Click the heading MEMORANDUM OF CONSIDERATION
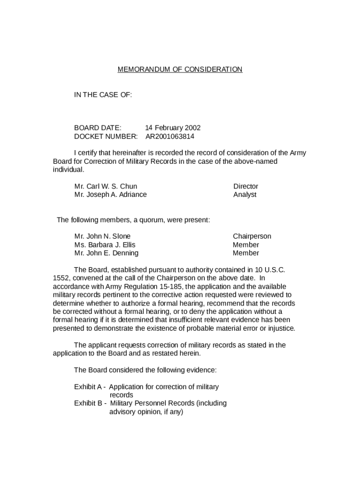pos(180,70)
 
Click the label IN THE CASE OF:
pos(103,95)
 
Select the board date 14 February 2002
pos(173,128)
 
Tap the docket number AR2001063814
pos(169,137)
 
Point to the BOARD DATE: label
pos(98,128)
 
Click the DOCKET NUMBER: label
pos(106,137)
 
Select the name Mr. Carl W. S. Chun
pos(106,186)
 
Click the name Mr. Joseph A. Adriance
pos(110,195)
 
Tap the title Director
pos(245,186)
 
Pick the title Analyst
pos(245,195)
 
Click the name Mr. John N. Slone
pos(102,236)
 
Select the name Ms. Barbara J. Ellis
pos(105,245)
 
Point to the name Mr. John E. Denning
pos(106,253)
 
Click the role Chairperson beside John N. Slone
pos(252,236)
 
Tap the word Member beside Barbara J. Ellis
pos(245,245)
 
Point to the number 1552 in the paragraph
pos(61,278)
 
